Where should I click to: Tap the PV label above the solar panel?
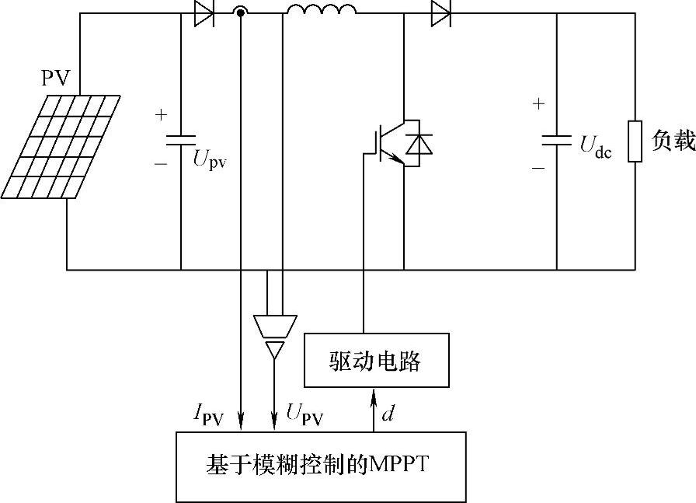pos(56,78)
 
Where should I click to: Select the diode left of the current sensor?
pos(204,12)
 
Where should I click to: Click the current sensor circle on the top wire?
pos(241,12)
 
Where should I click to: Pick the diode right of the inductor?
pos(441,12)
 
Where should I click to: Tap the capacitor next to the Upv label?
pos(181,140)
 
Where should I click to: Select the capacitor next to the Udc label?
pos(557,140)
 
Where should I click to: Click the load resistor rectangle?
pos(635,141)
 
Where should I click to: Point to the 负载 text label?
pos(673,141)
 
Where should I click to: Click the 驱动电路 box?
pos(376,360)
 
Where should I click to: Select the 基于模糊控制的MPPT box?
pos(321,466)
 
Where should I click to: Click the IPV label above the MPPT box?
pos(209,417)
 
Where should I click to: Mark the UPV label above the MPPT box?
pos(304,414)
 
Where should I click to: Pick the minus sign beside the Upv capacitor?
pos(161,165)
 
